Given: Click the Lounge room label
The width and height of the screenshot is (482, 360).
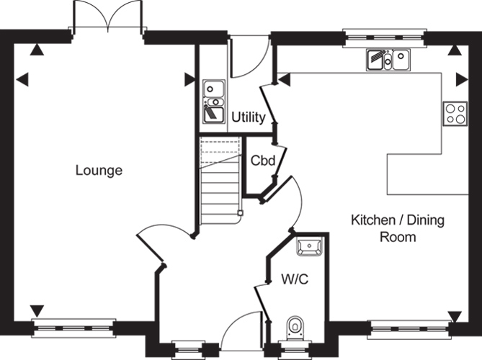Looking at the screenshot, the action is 99,171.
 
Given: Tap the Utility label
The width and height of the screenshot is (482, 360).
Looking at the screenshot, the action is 249,117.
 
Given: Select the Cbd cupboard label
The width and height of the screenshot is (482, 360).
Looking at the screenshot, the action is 263,161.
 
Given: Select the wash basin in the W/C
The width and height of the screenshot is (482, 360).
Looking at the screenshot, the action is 309,246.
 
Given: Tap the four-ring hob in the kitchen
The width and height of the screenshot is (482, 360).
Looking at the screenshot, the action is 455,114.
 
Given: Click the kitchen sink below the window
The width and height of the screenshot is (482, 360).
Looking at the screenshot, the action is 388,60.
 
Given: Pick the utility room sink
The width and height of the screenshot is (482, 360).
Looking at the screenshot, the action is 214,101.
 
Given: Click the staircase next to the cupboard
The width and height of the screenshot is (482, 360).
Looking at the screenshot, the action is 220,181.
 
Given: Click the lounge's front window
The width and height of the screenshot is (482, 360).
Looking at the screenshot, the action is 73,328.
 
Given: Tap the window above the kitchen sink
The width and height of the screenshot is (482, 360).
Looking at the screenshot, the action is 385,38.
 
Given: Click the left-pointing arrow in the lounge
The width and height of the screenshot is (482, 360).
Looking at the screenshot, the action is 22,79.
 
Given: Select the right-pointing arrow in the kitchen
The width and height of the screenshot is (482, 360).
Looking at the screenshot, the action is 462,79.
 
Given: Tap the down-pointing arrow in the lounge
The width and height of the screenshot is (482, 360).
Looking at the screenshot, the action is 37,311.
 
